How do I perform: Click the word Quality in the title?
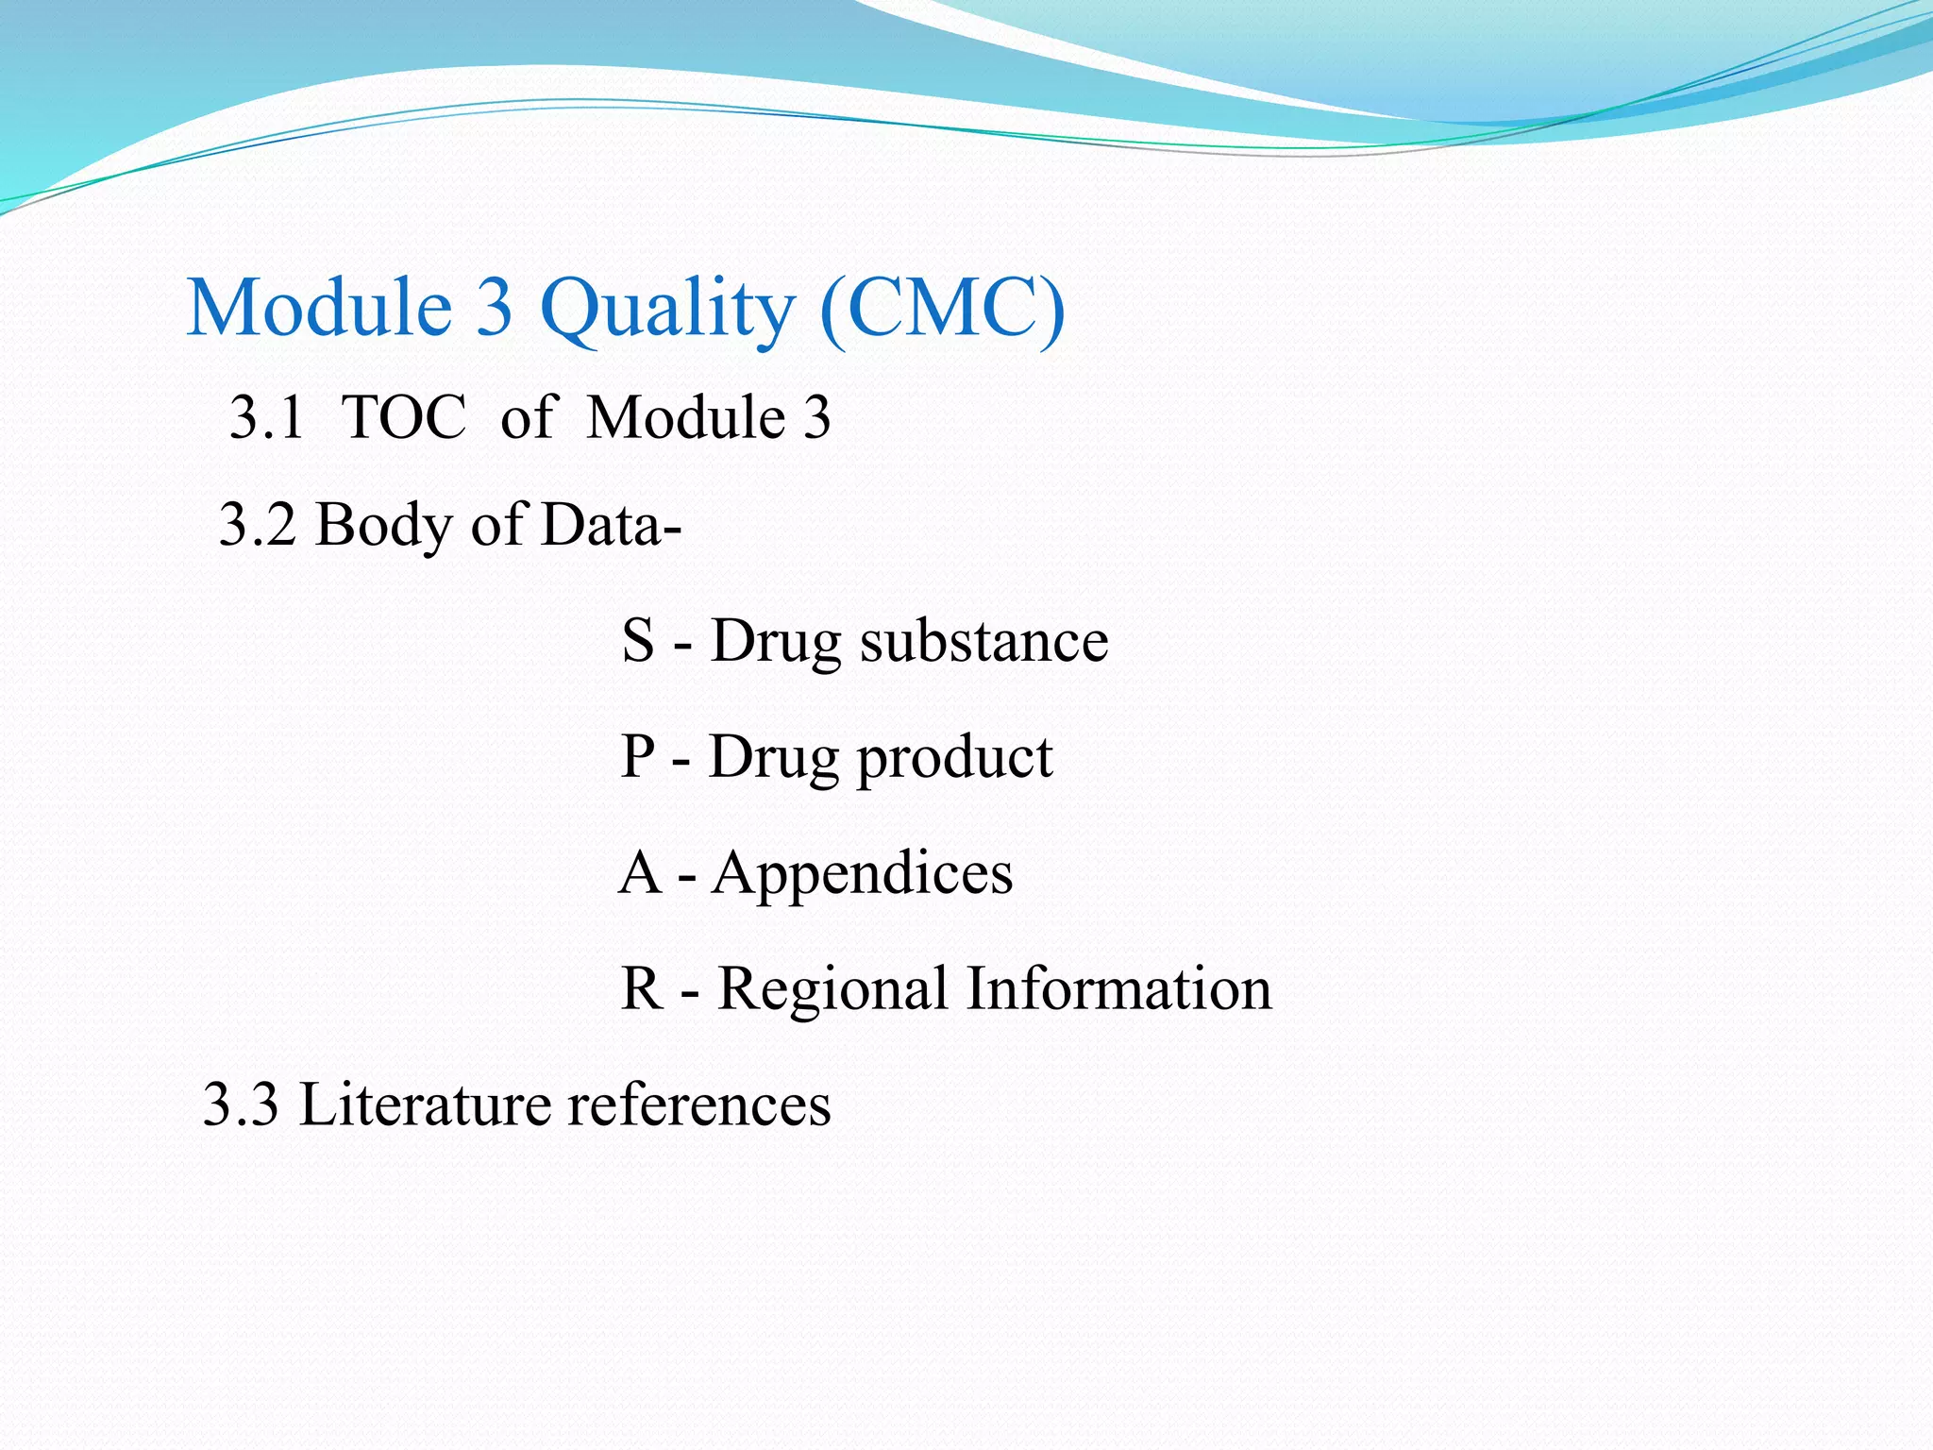(x=667, y=309)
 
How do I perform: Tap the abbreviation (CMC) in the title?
(x=942, y=309)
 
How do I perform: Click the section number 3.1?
(x=267, y=417)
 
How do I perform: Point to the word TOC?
(x=403, y=417)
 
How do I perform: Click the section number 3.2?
(x=257, y=524)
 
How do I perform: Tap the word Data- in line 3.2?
(x=611, y=524)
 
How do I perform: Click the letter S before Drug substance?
(x=638, y=640)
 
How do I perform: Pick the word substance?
(x=983, y=640)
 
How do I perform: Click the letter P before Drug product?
(x=638, y=756)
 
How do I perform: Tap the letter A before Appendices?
(x=639, y=872)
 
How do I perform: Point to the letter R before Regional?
(x=641, y=988)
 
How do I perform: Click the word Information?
(x=1118, y=988)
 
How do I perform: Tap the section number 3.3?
(x=241, y=1104)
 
